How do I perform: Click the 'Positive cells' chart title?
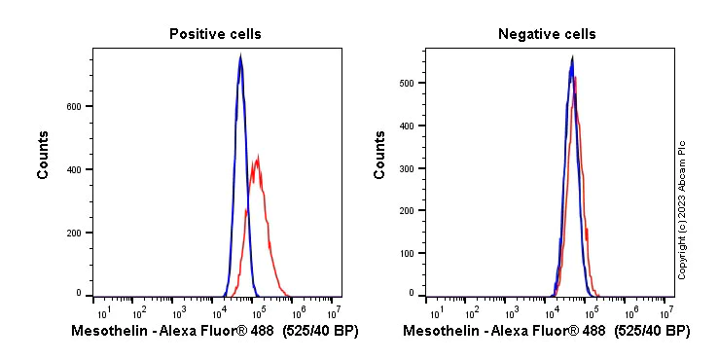(x=215, y=34)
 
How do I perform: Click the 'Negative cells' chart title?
(x=547, y=34)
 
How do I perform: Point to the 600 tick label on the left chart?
(x=74, y=106)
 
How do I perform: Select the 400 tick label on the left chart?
(x=74, y=169)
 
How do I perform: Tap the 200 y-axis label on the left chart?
(x=74, y=234)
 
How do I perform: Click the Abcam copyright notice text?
(x=683, y=209)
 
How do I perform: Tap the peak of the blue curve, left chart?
(x=240, y=55)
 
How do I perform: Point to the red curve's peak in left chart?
(x=257, y=157)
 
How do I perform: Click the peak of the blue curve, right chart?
(x=572, y=57)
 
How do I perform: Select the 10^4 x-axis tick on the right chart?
(x=551, y=312)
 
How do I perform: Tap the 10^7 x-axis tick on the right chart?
(x=666, y=312)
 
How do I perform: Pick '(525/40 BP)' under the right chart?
(x=652, y=332)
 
